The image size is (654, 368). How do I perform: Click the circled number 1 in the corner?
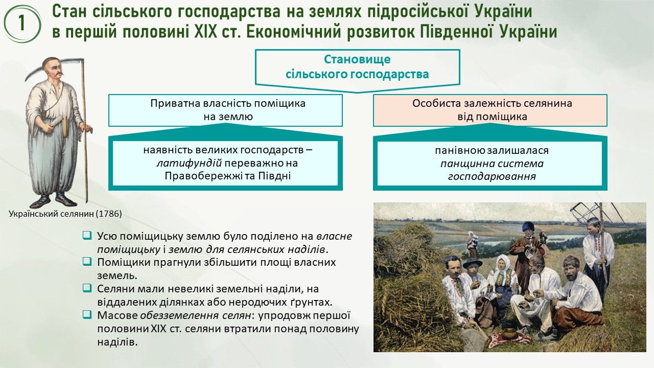[22, 24]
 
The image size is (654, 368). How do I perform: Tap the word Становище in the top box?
[357, 59]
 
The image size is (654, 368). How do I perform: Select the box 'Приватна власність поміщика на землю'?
[225, 110]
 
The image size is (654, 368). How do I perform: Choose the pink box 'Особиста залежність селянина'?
[490, 110]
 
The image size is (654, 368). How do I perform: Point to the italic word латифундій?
[189, 163]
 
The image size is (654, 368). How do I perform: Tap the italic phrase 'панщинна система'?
[492, 164]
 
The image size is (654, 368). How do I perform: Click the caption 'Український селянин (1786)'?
[65, 214]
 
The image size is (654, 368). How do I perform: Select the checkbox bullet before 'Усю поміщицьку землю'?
[87, 235]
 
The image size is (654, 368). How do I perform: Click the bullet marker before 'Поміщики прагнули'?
[87, 261]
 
